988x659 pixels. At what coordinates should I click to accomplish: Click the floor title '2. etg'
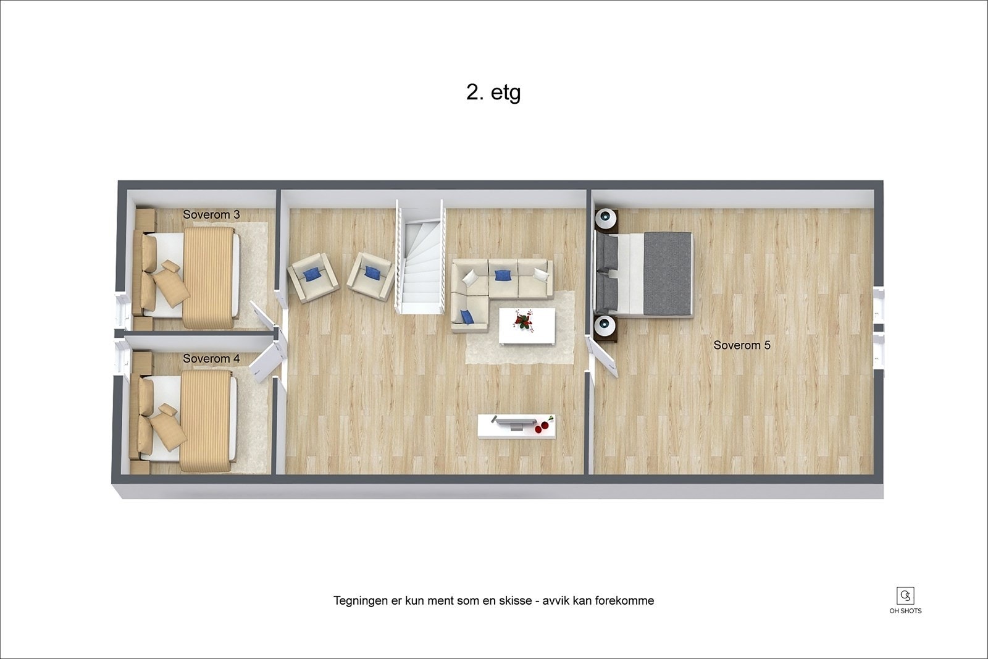pyautogui.click(x=493, y=93)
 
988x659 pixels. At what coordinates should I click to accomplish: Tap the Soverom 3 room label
pyautogui.click(x=211, y=214)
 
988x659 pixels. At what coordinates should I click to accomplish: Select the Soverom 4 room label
pyautogui.click(x=211, y=358)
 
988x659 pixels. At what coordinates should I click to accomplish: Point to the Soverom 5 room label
pyautogui.click(x=742, y=345)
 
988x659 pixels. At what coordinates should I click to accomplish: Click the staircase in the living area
pyautogui.click(x=420, y=259)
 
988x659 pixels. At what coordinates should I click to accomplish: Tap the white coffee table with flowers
pyautogui.click(x=526, y=326)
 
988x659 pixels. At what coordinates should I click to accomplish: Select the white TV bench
pyautogui.click(x=516, y=426)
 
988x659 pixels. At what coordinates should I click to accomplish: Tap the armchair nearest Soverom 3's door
pyautogui.click(x=313, y=277)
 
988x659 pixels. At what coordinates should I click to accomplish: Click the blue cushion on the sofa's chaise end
pyautogui.click(x=467, y=317)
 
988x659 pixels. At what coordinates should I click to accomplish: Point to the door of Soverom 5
pyautogui.click(x=603, y=357)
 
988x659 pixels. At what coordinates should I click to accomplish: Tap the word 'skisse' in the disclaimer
pyautogui.click(x=514, y=600)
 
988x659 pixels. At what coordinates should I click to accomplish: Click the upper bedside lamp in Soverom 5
pyautogui.click(x=606, y=218)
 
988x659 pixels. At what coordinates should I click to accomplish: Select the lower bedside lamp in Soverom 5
pyautogui.click(x=606, y=325)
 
